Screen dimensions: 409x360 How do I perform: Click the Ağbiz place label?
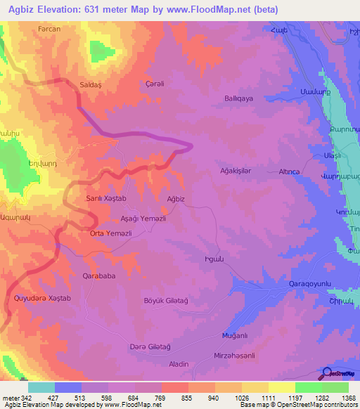175,199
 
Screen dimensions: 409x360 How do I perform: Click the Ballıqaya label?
238,98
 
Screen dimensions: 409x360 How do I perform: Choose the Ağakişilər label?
235,171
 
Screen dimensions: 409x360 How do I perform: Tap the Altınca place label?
290,171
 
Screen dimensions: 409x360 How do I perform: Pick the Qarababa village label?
99,276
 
